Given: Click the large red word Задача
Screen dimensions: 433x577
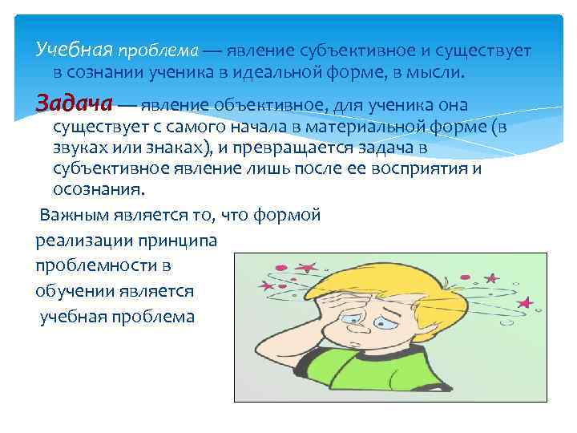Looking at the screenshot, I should click(75, 104).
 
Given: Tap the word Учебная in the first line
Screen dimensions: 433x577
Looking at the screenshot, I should click(75, 51).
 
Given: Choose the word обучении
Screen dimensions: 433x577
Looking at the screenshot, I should click(71, 290).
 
